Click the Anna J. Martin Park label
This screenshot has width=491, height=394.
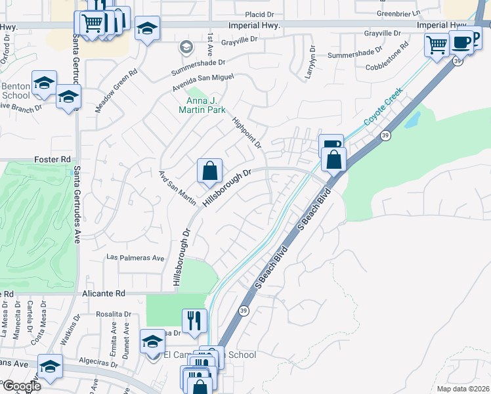[x=205, y=105]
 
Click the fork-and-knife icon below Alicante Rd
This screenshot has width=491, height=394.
[x=194, y=320]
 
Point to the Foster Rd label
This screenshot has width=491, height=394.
[x=52, y=160]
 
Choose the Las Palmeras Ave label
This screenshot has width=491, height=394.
[x=135, y=258]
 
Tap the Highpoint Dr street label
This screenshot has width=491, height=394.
[x=248, y=132]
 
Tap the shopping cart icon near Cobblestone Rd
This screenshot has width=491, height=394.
[x=437, y=45]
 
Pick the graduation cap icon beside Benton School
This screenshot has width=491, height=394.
[x=44, y=83]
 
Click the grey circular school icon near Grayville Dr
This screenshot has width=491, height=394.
[x=186, y=47]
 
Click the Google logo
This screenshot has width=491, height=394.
[x=21, y=385]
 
